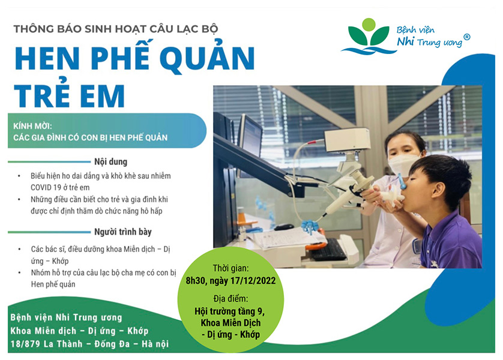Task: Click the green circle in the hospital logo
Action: coord(369,25)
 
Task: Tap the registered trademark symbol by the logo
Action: coord(467,37)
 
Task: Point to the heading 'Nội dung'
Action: coord(110,161)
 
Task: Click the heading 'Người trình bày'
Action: coord(123,232)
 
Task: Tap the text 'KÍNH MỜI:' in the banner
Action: coord(32,126)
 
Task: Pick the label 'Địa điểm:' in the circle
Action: coord(230,299)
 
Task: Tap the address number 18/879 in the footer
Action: coord(25,344)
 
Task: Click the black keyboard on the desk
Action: coord(328,250)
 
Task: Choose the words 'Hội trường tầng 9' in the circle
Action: coord(230,311)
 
